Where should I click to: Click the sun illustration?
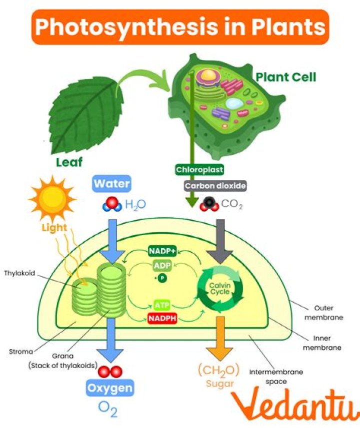coord(52,199)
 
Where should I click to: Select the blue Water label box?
coord(111,184)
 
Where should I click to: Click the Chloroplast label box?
coord(199,170)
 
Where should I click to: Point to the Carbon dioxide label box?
coord(215,186)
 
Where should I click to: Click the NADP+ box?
coord(162,251)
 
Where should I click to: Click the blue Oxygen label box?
coord(110,388)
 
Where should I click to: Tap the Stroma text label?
coord(20,351)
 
